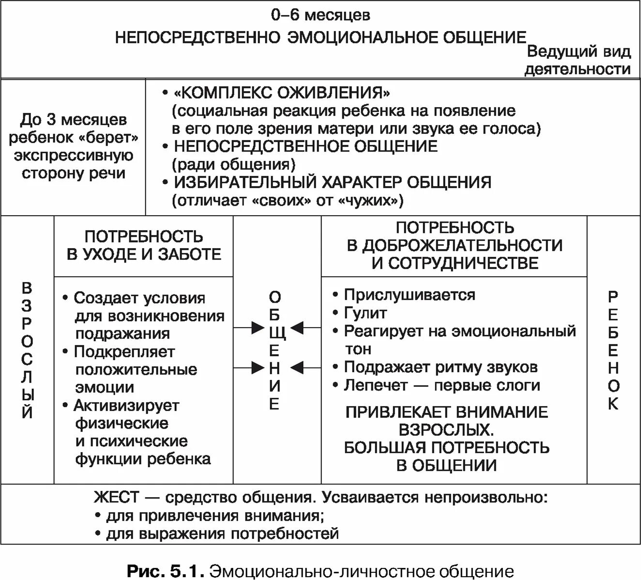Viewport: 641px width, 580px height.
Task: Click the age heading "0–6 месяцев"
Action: coord(320,15)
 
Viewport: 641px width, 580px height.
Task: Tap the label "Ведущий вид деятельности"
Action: coord(578,61)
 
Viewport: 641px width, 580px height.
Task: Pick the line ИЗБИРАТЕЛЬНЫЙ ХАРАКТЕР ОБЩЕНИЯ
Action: coord(333,182)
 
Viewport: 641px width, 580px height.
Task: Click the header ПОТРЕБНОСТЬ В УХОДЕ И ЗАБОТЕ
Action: coord(144,246)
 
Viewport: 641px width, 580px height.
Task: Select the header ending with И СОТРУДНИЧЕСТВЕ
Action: coord(455,245)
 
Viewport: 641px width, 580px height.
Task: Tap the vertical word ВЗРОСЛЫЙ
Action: coord(28,350)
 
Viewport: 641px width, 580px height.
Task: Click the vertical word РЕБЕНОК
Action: coord(613,350)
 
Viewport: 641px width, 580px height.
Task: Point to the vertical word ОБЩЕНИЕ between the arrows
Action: coord(275,350)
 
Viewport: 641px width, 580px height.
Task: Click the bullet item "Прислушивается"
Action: coord(410,295)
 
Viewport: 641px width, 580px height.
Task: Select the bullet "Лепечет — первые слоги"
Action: coord(442,385)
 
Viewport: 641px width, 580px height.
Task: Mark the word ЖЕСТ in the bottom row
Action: coord(117,497)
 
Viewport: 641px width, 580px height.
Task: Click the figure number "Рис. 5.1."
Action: coord(165,571)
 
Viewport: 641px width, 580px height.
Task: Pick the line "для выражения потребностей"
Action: coord(222,533)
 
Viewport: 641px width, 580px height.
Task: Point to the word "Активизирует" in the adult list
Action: coord(126,405)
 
